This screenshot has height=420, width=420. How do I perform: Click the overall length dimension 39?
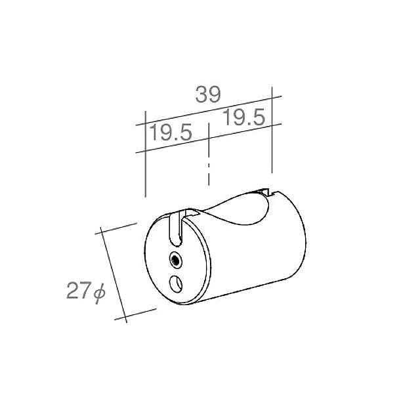(x=207, y=95)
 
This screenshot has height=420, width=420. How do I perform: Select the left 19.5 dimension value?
(x=170, y=133)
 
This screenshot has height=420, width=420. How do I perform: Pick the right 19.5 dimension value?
(x=243, y=118)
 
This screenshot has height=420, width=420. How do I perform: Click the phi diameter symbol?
(x=98, y=293)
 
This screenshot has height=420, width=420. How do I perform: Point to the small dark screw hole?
(x=175, y=260)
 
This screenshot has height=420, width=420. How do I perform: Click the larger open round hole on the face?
(x=176, y=283)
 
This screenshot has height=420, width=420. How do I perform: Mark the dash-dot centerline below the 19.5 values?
(x=208, y=157)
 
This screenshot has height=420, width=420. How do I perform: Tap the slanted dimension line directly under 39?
(x=209, y=110)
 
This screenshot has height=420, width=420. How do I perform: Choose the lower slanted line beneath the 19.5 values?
(x=208, y=138)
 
